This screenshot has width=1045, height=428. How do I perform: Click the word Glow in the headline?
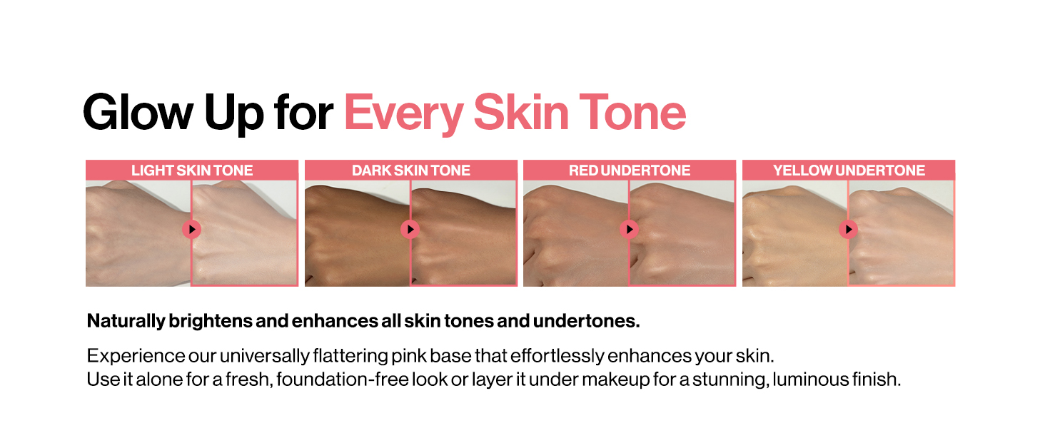tap(138, 112)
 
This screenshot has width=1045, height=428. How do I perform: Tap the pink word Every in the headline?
tap(404, 113)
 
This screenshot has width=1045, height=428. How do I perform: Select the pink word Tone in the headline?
tap(632, 112)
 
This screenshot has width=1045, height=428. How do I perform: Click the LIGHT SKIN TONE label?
tap(192, 170)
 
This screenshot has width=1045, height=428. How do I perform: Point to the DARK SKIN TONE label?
tap(411, 170)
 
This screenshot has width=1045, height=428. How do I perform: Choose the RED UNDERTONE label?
tap(630, 170)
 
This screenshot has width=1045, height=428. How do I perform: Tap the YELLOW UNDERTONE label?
tap(849, 170)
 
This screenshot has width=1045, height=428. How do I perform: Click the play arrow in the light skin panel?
tap(192, 230)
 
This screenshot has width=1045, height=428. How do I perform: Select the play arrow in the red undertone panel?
tap(630, 230)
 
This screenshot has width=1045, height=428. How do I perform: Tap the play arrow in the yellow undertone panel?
tap(849, 230)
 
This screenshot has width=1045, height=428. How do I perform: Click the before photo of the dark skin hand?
tap(358, 233)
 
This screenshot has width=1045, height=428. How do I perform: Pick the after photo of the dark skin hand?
tap(464, 233)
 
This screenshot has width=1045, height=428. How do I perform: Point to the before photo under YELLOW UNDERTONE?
tap(795, 233)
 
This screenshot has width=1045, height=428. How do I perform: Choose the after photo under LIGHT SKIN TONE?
tap(244, 233)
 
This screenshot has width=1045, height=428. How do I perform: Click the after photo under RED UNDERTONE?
tap(682, 233)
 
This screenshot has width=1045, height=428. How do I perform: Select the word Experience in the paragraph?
tap(136, 356)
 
